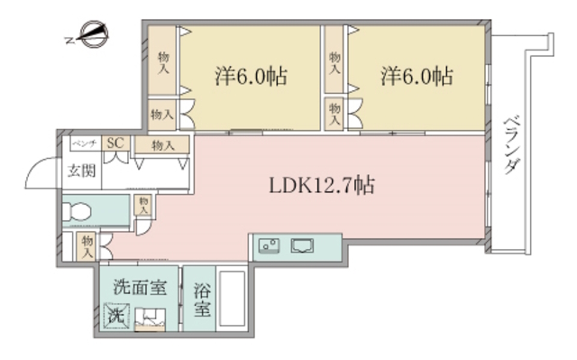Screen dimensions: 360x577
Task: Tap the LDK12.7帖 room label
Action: click(322, 187)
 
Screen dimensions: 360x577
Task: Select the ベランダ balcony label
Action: click(511, 144)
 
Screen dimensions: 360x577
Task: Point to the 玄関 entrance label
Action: click(79, 171)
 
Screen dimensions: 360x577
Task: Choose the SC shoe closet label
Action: click(115, 143)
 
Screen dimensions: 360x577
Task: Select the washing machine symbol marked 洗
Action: click(115, 317)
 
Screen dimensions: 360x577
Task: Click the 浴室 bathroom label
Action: click(202, 300)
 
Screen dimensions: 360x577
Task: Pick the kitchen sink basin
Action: click(301, 244)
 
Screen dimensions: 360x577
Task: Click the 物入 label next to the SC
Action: click(162, 144)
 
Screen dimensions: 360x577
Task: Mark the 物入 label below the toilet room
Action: click(87, 245)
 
